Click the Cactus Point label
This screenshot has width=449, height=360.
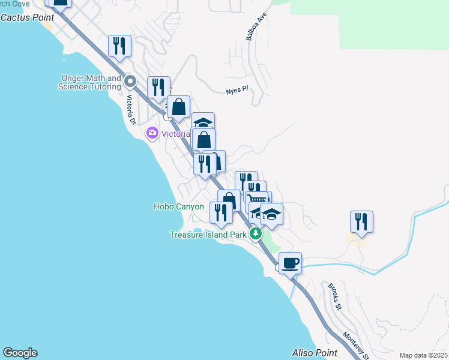click(x=27, y=17)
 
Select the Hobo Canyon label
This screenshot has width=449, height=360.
click(x=179, y=206)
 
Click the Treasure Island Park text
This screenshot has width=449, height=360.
click(x=208, y=235)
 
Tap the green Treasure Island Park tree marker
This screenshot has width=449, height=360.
click(x=256, y=233)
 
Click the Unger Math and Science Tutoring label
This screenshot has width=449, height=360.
click(x=90, y=82)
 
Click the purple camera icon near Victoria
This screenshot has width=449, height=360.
click(x=152, y=133)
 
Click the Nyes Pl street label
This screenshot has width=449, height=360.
click(x=237, y=90)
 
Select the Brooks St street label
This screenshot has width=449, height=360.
click(x=334, y=297)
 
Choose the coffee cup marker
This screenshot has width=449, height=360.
click(x=290, y=263)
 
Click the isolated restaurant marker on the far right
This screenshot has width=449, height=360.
click(x=361, y=221)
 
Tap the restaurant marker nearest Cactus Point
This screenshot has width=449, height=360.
click(x=119, y=46)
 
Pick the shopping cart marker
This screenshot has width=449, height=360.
click(x=258, y=200)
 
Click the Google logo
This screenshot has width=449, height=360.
click(x=20, y=353)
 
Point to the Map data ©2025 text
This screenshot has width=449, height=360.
click(x=423, y=355)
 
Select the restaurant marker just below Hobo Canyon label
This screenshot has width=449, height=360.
click(x=221, y=212)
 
